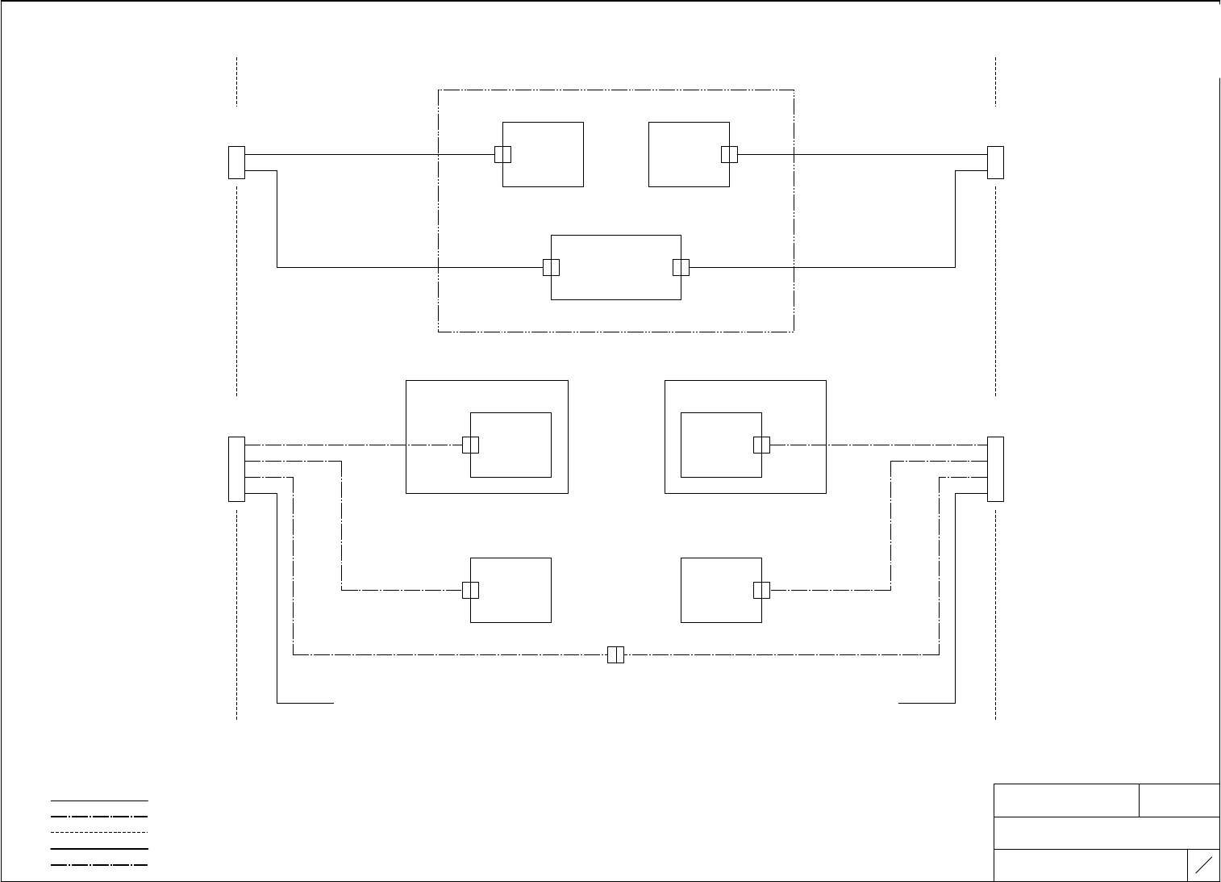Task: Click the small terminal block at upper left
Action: coord(236,162)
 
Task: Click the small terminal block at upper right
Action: coord(995,162)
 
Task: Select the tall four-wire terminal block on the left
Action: coord(236,469)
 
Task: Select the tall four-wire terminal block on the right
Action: coord(995,469)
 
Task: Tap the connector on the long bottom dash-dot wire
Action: coord(615,654)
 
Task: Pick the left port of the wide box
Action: coord(551,267)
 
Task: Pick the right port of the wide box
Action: coord(681,267)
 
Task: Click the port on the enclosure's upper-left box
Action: coord(502,154)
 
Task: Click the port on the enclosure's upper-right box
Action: coord(729,154)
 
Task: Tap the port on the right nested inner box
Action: coord(761,445)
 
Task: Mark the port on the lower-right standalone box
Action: coord(761,590)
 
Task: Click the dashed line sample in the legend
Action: coord(99,832)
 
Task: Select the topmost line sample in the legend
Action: coord(99,800)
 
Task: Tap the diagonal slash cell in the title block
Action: coord(1203,865)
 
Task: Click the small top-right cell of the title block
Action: coord(1179,800)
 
